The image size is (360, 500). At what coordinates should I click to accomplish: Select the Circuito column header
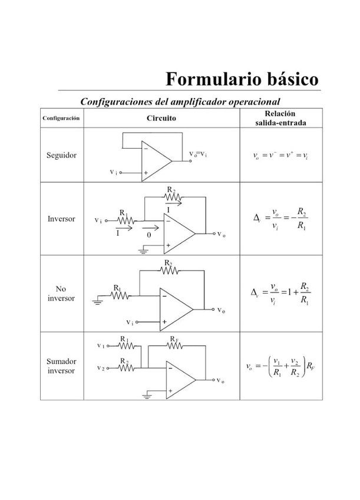(161, 118)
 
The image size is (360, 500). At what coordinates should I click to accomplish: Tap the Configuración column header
(61, 118)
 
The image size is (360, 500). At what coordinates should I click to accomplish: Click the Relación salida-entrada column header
(280, 118)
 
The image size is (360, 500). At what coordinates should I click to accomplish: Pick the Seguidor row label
(61, 155)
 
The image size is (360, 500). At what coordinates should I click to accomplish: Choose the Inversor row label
(61, 219)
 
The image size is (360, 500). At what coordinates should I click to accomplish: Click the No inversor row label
(61, 294)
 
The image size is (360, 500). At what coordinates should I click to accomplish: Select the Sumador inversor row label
(61, 366)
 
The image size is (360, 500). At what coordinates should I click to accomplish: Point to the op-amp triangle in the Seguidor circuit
(155, 159)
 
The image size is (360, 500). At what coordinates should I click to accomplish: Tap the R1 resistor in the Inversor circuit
(125, 221)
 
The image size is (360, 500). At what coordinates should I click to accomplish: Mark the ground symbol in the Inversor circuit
(143, 251)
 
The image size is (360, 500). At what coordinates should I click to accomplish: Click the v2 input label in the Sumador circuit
(101, 368)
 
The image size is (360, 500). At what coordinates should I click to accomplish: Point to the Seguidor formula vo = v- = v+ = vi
(280, 156)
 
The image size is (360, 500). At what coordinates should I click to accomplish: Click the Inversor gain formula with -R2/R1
(280, 219)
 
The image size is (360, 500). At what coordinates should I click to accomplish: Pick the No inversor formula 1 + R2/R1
(280, 293)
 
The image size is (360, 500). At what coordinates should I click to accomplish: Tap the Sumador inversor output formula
(280, 366)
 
